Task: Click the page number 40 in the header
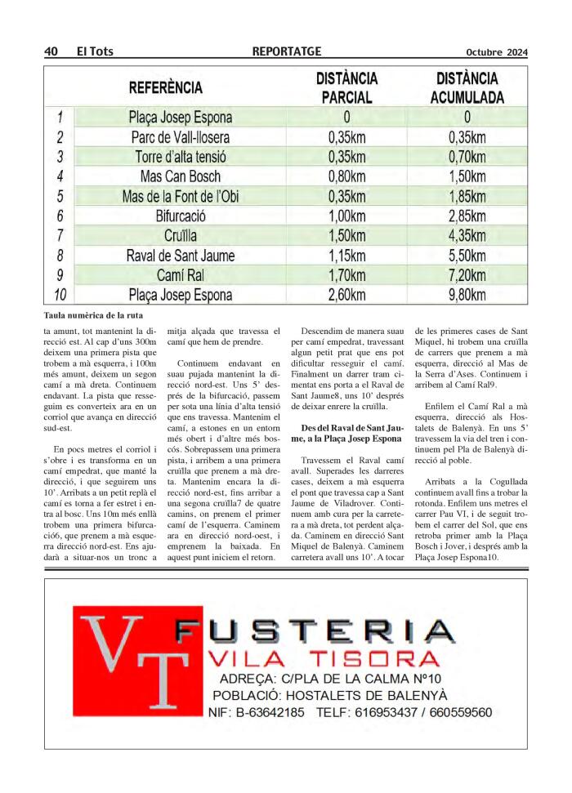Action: click(51, 52)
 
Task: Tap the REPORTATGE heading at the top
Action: click(287, 52)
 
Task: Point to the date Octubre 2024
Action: click(497, 53)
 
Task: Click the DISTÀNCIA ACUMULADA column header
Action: click(467, 88)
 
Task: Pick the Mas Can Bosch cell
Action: click(180, 176)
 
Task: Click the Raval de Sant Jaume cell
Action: click(180, 256)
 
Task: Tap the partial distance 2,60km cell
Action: click(346, 295)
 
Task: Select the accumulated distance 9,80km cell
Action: click(467, 295)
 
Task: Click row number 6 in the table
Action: click(60, 216)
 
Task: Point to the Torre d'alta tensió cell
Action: click(181, 157)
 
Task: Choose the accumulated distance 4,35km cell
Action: click(467, 236)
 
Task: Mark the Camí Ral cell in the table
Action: click(180, 275)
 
